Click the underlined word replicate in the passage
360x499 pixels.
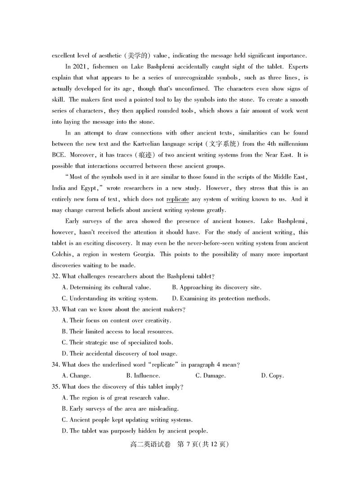pos(177,199)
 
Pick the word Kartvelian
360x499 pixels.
pos(148,144)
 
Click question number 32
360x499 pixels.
pos(56,276)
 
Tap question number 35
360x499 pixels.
pos(56,387)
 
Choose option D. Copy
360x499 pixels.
pos(272,375)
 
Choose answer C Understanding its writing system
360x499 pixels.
pos(110,298)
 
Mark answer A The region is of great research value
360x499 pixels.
pos(116,398)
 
